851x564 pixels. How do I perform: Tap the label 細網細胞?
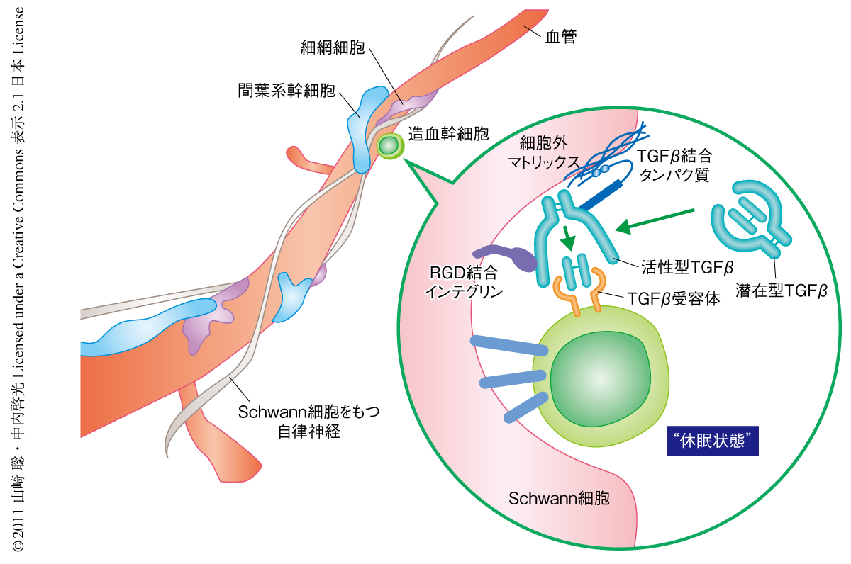tap(333, 49)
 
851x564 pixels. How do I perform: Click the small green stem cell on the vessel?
tap(389, 146)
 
